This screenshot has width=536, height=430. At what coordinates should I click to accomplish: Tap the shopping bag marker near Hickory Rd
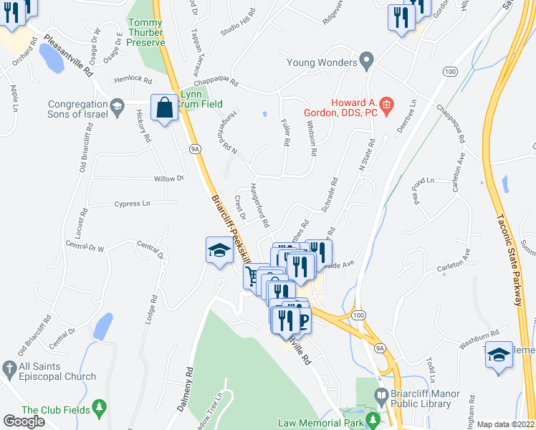[164, 108]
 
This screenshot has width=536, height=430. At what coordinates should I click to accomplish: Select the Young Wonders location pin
[367, 62]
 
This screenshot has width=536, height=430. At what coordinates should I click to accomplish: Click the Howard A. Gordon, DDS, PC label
[355, 109]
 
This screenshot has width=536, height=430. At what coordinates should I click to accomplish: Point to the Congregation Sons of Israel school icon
[115, 109]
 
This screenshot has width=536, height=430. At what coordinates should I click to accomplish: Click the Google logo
[24, 421]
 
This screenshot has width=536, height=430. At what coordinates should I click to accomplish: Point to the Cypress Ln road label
[132, 204]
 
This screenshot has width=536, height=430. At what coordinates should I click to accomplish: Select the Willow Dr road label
[169, 178]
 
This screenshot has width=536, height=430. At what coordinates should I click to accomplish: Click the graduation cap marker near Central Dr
[219, 249]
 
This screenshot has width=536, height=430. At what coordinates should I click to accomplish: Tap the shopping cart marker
[252, 275]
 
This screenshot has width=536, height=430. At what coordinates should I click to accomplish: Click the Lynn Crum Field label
[191, 99]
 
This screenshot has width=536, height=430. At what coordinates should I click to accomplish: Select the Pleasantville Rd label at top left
[69, 57]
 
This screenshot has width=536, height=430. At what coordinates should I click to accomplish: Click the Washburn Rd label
[478, 339]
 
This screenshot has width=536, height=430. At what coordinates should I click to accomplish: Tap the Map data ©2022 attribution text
[506, 424]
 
